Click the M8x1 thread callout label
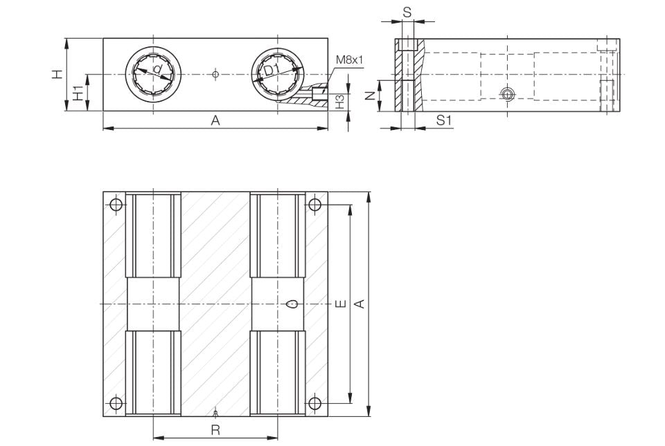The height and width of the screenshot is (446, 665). tap(349, 59)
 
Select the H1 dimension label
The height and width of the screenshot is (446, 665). tap(78, 91)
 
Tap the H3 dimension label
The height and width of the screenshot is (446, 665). tap(339, 102)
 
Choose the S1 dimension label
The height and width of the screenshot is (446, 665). tap(444, 121)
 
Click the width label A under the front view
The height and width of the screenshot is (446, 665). tap(215, 121)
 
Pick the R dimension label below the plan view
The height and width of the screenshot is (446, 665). tap(215, 429)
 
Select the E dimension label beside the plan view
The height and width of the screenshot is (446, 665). tap(339, 304)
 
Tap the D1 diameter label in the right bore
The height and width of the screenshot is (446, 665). tap(272, 70)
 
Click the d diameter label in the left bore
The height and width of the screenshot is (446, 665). tap(157, 69)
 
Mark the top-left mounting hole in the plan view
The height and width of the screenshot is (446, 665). tap(116, 204)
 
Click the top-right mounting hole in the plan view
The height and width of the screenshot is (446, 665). tap(315, 204)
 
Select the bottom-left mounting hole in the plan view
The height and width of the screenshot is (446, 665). tap(116, 403)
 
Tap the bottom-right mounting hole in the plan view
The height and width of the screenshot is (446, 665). tap(315, 403)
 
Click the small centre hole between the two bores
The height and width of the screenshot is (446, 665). tap(216, 73)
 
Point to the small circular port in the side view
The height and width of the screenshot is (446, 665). tap(508, 94)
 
